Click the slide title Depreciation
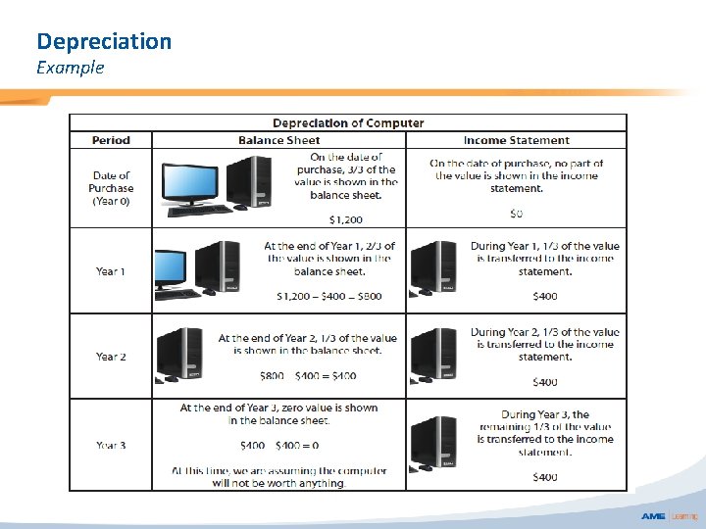[x=104, y=41]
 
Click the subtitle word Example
[x=70, y=68]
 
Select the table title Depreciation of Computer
[x=348, y=123]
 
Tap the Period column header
[x=111, y=140]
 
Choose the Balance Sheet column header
[x=279, y=140]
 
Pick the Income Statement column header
[x=516, y=140]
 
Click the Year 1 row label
[x=110, y=271]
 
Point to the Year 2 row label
[x=111, y=357]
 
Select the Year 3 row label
[x=111, y=446]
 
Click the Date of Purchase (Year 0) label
[x=111, y=188]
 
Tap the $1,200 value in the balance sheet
[x=344, y=219]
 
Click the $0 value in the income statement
[x=516, y=213]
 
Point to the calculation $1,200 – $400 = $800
[x=329, y=296]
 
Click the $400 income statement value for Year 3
[x=544, y=477]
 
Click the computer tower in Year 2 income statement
[x=435, y=355]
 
